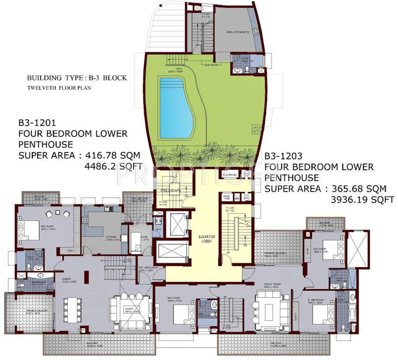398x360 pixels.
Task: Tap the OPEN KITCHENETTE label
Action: pyautogui.click(x=236, y=32)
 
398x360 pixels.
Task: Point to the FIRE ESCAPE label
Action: pyautogui.click(x=167, y=191)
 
